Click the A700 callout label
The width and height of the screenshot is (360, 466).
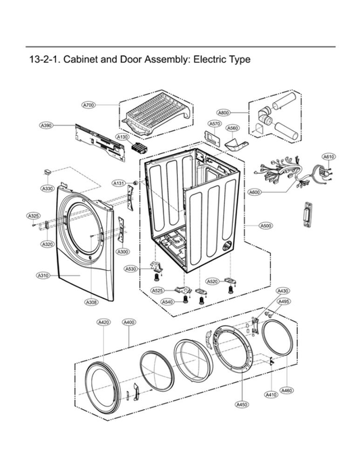(x=88, y=105)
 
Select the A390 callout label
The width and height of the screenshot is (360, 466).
(x=47, y=126)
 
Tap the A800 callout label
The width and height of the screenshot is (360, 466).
(x=224, y=112)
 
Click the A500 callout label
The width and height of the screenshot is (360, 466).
(x=265, y=225)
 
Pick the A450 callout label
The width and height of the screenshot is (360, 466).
(x=241, y=404)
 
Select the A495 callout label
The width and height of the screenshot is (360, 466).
(x=284, y=301)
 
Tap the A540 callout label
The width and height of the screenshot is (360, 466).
(x=167, y=303)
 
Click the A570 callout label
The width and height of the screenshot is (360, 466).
(x=214, y=124)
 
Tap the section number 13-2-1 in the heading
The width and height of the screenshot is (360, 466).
(x=46, y=59)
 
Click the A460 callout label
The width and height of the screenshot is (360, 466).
(x=287, y=390)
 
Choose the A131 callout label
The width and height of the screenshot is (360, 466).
(x=118, y=183)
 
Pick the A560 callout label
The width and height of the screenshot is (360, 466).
(x=232, y=128)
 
